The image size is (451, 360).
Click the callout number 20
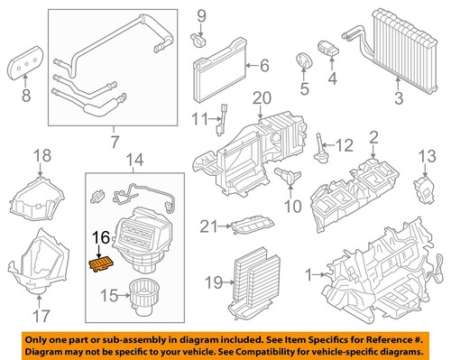tap(262, 97)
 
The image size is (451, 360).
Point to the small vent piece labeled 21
tap(249, 229)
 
